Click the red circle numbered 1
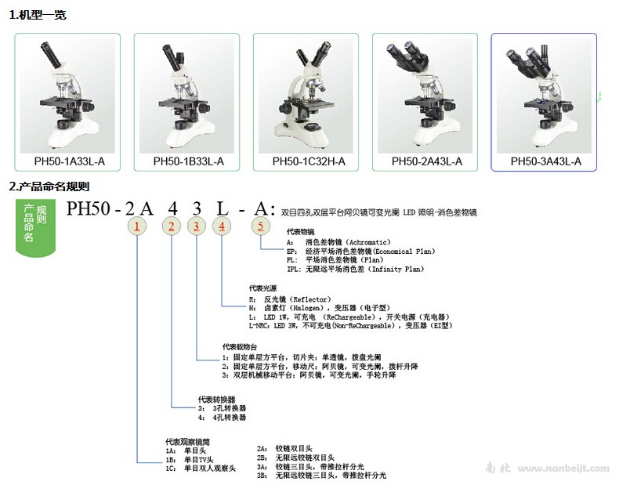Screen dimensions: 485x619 pyautogui.click(x=138, y=227)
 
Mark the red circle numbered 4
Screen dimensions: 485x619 pyautogui.click(x=223, y=227)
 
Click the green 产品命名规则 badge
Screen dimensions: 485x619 pyautogui.click(x=35, y=223)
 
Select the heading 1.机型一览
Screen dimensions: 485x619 pyautogui.click(x=37, y=15)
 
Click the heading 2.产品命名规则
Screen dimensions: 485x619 pyautogui.click(x=49, y=186)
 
